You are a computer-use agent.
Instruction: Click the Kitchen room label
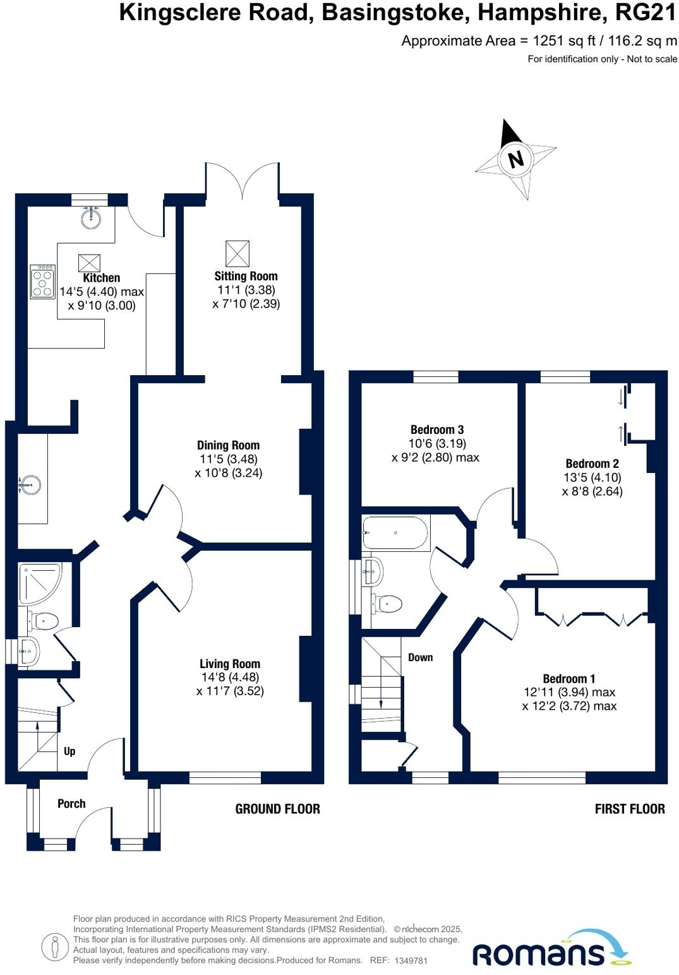pyautogui.click(x=101, y=278)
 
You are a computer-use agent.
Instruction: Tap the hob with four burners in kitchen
pyautogui.click(x=42, y=282)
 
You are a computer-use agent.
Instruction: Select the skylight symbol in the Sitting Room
pyautogui.click(x=237, y=253)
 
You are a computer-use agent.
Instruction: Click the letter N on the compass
pyautogui.click(x=516, y=159)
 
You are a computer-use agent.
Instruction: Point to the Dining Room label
pyautogui.click(x=228, y=445)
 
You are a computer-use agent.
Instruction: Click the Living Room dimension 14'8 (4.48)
pyautogui.click(x=229, y=677)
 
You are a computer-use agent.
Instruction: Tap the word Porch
pyautogui.click(x=71, y=803)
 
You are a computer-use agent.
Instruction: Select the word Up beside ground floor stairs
pyautogui.click(x=69, y=751)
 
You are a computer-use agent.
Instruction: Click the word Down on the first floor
pyautogui.click(x=420, y=657)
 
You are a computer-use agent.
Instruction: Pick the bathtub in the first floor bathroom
pyautogui.click(x=396, y=533)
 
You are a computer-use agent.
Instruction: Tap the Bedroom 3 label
pyautogui.click(x=437, y=429)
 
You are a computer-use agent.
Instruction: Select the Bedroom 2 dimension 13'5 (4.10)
pyautogui.click(x=592, y=477)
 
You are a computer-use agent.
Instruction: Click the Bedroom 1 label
pyautogui.click(x=568, y=679)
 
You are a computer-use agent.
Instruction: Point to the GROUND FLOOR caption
pyautogui.click(x=277, y=809)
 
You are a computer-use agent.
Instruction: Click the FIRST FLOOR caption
pyautogui.click(x=629, y=809)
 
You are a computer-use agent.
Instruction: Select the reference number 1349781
pyautogui.click(x=411, y=960)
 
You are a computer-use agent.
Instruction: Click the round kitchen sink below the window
pyautogui.click(x=91, y=218)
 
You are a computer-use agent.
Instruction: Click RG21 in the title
pyautogui.click(x=646, y=13)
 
